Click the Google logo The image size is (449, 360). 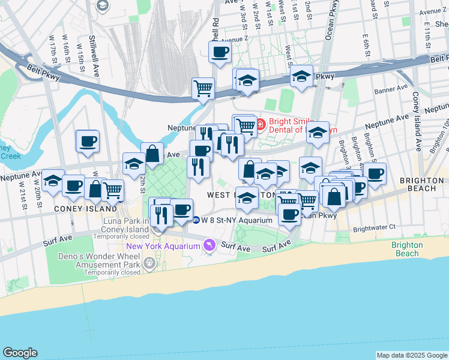(20, 353)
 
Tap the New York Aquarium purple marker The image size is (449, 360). (209, 244)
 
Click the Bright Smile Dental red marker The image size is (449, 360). (261, 124)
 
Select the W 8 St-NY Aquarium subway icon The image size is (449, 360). (196, 219)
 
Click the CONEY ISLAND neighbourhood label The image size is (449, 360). (86, 209)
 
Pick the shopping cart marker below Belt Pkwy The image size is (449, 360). (203, 88)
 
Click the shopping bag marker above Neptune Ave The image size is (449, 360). (152, 152)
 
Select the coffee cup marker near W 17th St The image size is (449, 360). (88, 140)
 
